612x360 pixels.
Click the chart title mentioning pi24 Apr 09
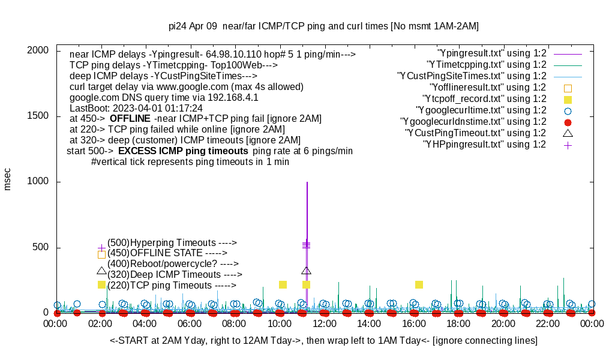323,26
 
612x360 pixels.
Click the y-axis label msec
8,179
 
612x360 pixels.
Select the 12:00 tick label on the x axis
324,324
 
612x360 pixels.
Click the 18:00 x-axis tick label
458,324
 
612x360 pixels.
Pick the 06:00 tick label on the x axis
190,324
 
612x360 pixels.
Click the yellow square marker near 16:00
419,284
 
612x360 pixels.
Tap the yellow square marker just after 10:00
283,284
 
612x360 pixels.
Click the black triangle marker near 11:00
307,271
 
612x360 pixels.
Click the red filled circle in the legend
568,122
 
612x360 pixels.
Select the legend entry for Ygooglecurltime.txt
481,110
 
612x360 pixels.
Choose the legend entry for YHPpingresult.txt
484,145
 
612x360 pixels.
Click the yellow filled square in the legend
568,99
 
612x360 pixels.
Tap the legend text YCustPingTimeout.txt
475,133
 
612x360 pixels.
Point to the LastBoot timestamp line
136,108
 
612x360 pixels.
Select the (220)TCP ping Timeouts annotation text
172,286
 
